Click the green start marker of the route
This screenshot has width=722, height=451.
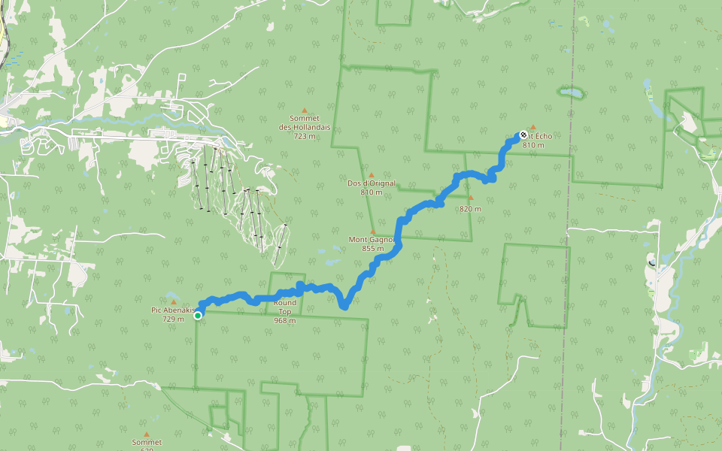point(198,316)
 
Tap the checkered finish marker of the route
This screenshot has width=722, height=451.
point(523,135)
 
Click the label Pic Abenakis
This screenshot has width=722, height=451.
point(174,310)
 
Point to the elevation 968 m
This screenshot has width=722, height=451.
point(285,320)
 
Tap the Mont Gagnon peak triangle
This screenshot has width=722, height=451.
point(372,232)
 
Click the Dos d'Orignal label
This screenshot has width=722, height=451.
point(372,183)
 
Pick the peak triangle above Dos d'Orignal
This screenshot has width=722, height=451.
point(371,175)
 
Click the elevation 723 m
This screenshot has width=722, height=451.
point(305,136)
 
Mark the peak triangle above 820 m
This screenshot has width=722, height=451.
point(471,198)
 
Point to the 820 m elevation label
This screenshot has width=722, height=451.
point(470,208)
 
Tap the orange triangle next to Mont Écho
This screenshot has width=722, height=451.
point(533,127)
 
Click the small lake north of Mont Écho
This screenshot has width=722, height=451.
point(572,94)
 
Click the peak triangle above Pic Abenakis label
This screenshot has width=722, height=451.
point(173,302)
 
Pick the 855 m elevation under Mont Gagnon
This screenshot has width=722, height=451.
point(372,249)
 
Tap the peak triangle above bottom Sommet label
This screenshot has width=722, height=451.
point(147,434)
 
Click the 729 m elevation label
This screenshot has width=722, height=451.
point(173,319)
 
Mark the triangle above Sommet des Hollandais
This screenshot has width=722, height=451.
point(305,110)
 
